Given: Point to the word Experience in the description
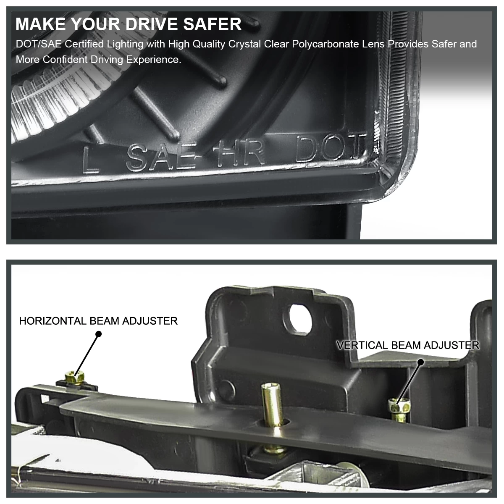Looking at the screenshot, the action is tap(154, 60).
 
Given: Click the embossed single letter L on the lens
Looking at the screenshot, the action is tap(90, 160).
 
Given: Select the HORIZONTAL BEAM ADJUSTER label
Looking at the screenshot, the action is tap(98, 321).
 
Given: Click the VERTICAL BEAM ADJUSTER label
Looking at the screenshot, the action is tap(408, 345).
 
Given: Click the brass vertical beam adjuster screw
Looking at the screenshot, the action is tap(399, 410).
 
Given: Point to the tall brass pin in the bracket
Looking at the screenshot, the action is tap(273, 404).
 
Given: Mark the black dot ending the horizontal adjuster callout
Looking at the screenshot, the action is tap(99, 334).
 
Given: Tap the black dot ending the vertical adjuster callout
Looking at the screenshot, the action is tap(421, 362).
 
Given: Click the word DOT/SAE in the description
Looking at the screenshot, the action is tap(39, 44).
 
